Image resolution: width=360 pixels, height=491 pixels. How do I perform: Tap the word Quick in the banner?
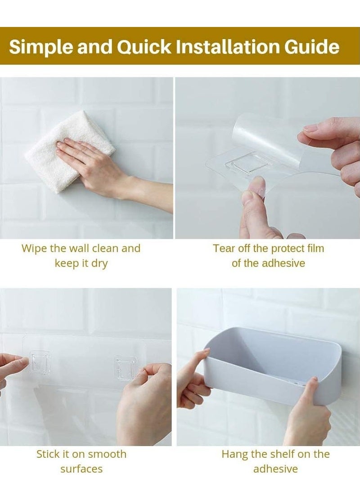tap(144, 46)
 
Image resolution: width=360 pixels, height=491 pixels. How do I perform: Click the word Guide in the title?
tap(312, 46)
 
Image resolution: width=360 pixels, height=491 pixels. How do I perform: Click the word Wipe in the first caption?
tap(34, 249)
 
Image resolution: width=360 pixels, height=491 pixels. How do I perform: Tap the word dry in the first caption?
tap(99, 263)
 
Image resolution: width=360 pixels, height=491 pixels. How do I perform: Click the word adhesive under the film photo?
tap(283, 263)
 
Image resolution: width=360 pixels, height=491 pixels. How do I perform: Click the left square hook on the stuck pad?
tap(40, 363)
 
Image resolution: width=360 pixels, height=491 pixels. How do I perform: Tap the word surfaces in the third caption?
tap(81, 469)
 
